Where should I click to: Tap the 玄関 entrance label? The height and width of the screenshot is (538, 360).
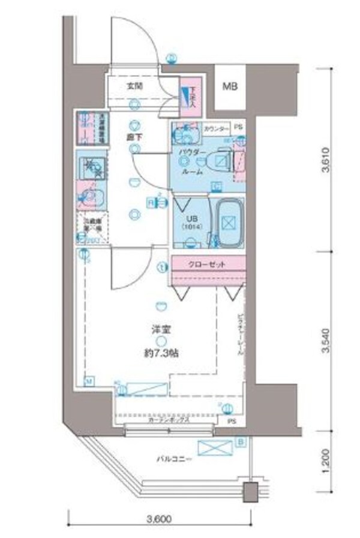click(x=135, y=86)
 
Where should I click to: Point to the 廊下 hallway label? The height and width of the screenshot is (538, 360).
click(x=134, y=137)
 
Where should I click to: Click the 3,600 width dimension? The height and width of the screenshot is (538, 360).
click(x=158, y=519)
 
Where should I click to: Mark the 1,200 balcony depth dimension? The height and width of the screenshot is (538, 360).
click(x=325, y=461)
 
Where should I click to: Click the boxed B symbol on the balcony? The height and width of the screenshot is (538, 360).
click(x=241, y=443)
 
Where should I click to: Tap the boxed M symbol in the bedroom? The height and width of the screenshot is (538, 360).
click(x=88, y=380)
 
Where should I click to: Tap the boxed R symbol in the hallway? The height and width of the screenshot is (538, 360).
click(x=151, y=202)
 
